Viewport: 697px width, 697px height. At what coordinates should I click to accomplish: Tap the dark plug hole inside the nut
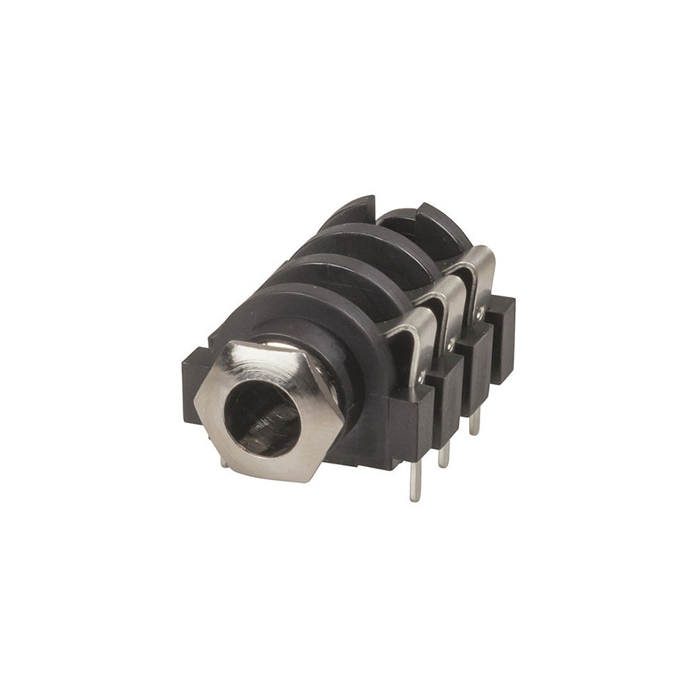tap(263, 418)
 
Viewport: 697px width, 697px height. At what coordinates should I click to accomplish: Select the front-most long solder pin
tap(415, 481)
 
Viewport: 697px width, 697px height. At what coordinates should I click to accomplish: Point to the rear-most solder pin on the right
tap(474, 421)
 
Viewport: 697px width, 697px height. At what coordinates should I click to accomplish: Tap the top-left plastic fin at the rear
tap(352, 213)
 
